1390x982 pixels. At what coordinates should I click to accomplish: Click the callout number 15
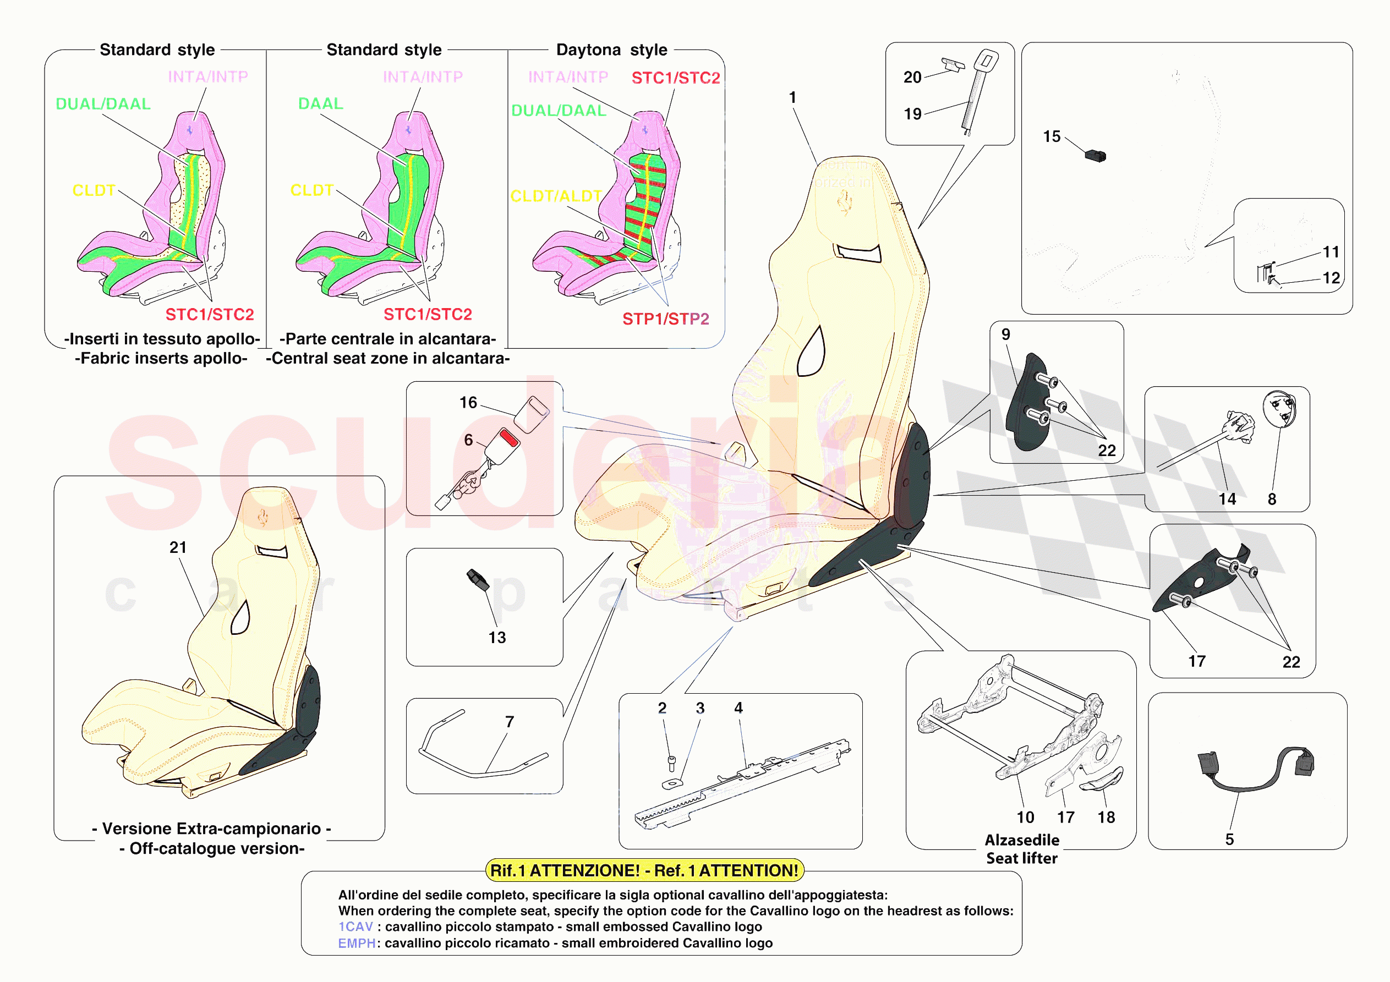1052,137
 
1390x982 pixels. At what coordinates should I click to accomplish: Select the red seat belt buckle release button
509,438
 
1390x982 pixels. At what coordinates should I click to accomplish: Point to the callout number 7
509,722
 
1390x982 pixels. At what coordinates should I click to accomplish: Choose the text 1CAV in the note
355,927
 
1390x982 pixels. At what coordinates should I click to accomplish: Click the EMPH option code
357,943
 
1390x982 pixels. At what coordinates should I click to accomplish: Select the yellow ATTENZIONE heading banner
644,871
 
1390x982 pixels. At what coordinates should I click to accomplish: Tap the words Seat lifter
1021,858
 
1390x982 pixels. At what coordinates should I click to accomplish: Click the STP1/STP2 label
665,319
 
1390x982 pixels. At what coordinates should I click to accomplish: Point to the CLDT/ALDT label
556,196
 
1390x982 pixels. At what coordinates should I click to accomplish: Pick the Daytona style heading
611,50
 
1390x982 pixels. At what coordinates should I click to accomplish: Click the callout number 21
177,547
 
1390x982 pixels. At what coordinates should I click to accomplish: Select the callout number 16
468,403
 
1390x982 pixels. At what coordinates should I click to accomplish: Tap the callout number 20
912,78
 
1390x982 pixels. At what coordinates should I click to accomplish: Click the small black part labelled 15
1096,156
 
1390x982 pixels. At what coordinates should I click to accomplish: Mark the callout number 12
1331,278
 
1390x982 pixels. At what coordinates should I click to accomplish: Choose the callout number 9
1005,334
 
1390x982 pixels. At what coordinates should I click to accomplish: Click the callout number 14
1227,499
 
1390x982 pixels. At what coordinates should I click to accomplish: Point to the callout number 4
738,707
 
